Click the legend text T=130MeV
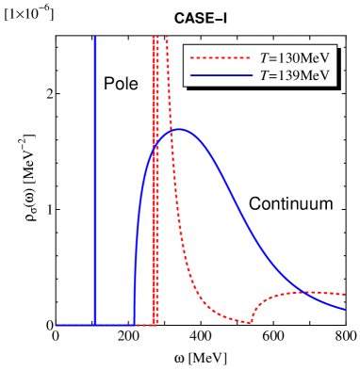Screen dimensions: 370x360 [293, 57]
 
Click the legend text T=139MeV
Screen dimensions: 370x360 [293, 75]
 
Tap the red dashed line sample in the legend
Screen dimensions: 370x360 [221, 57]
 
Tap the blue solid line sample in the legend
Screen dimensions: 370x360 [221, 75]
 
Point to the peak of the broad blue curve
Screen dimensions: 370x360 [178, 129]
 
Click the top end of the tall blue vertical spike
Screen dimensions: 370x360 [95, 38]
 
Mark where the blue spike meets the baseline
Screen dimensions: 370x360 [95, 325]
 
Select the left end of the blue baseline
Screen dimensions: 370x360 [57, 325]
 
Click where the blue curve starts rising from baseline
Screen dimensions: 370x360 [135, 323]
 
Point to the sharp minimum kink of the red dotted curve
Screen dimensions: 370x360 [252, 322]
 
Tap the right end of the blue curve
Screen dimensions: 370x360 [346, 309]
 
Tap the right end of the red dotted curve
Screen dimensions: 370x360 [346, 294]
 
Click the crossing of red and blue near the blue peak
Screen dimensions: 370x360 [171, 131]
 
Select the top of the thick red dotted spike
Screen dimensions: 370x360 [155, 38]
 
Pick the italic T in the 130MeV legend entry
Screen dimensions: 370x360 [263, 57]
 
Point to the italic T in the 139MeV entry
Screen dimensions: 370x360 [263, 75]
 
